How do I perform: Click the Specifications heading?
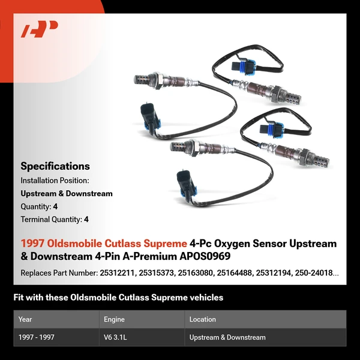[55, 166]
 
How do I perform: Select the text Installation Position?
[55, 180]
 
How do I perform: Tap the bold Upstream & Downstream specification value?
[67, 193]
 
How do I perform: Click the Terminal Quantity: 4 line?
[55, 220]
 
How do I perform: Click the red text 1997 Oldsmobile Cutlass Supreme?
[104, 244]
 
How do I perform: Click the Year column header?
[25, 319]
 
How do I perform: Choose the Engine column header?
[114, 319]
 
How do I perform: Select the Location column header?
[202, 319]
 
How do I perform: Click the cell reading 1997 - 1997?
[37, 337]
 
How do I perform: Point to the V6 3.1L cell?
[115, 337]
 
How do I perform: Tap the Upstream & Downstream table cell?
[227, 337]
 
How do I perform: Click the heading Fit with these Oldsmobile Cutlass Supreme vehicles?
[118, 298]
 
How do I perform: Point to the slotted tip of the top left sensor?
[141, 79]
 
